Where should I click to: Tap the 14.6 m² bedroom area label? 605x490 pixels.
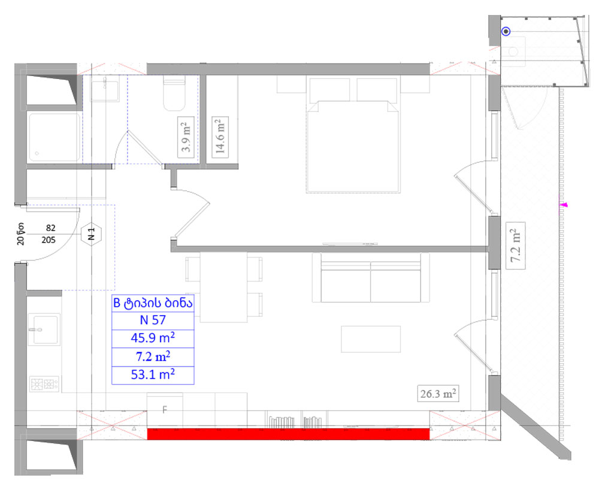pyautogui.click(x=220, y=137)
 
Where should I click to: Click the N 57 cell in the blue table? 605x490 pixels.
pyautogui.click(x=152, y=320)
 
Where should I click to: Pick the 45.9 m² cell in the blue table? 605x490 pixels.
pyautogui.click(x=152, y=338)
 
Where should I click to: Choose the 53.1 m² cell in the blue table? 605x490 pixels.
pyautogui.click(x=152, y=375)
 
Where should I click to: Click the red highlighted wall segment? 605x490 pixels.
pyautogui.click(x=288, y=434)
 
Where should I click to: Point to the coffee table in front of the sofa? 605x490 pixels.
pyautogui.click(x=371, y=339)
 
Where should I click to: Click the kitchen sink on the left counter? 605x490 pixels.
pyautogui.click(x=46, y=329)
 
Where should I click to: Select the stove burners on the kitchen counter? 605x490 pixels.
pyautogui.click(x=45, y=384)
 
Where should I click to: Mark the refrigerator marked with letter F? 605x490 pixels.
pyautogui.click(x=165, y=410)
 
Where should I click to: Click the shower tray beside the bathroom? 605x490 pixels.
pyautogui.click(x=53, y=137)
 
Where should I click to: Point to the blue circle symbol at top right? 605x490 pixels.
pyautogui.click(x=506, y=32)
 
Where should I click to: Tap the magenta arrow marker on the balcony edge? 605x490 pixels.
pyautogui.click(x=563, y=205)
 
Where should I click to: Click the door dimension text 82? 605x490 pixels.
pyautogui.click(x=50, y=228)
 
